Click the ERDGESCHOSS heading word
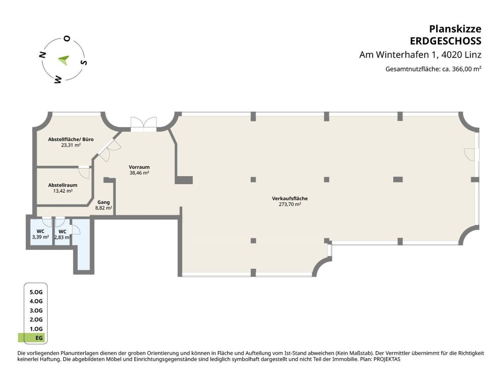coord(445,41)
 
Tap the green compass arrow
coord(64,60)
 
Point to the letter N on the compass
coord(43,55)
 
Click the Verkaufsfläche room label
coord(289,199)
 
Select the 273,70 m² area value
coord(289,204)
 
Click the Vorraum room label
coord(139,167)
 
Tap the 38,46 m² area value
coord(139,173)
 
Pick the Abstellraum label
coord(63,185)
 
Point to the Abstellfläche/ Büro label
coord(71,139)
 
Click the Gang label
coord(104,202)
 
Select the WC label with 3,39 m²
coord(40,231)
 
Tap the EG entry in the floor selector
coord(39,338)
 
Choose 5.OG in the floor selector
coord(36,292)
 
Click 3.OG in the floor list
coord(36,311)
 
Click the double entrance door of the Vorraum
coord(144,125)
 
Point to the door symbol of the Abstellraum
coord(84,172)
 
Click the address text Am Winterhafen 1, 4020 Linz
coord(420,55)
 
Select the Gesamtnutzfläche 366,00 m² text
coord(433,69)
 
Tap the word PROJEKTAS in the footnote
coord(387,359)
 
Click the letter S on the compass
coord(84,62)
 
